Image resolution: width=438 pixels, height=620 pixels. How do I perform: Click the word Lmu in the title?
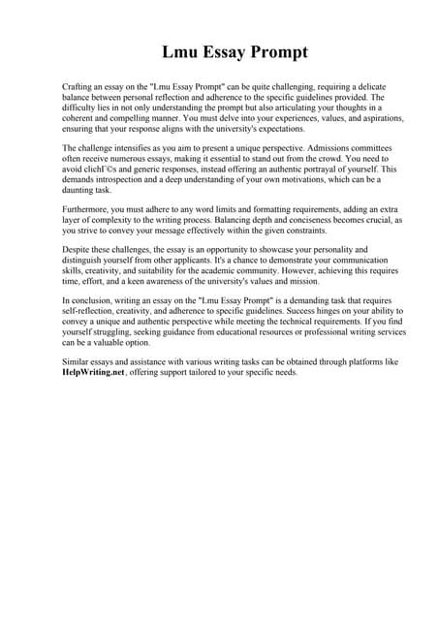pyautogui.click(x=181, y=50)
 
